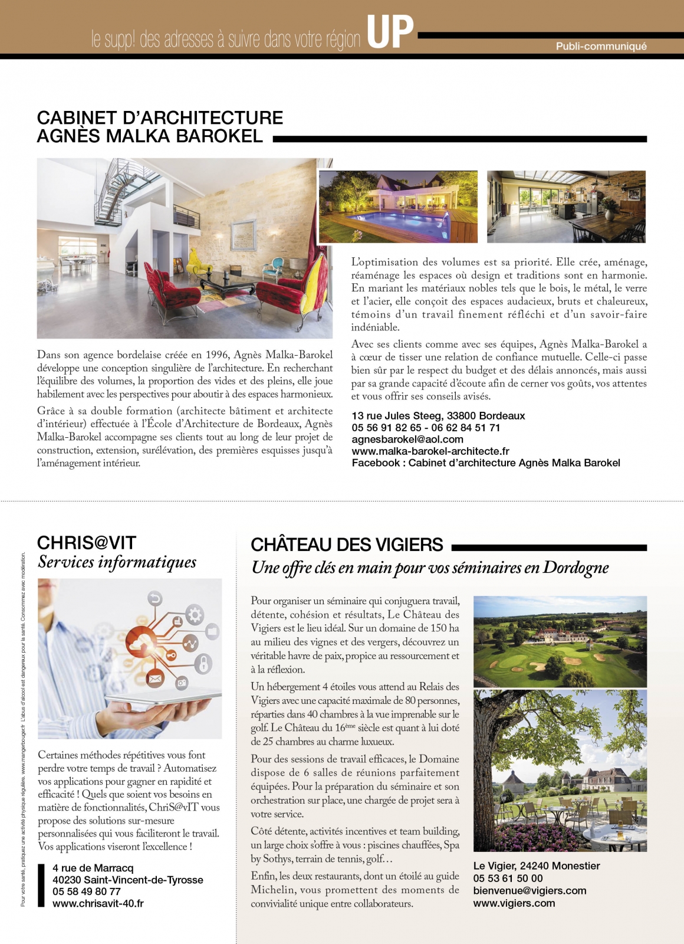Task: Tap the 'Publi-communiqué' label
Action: (601, 47)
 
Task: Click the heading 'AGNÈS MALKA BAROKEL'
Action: (150, 136)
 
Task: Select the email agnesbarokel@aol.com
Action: (407, 440)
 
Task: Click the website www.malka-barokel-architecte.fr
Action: (430, 451)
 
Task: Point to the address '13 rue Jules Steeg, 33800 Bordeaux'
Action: (438, 416)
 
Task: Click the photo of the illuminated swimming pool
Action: (398, 206)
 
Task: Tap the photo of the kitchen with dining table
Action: (566, 206)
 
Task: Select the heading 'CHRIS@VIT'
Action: (87, 543)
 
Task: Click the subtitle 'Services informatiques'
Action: (117, 562)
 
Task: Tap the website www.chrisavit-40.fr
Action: (98, 903)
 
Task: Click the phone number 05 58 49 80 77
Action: (86, 891)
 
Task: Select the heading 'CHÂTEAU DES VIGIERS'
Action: (347, 545)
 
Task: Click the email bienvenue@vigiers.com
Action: (530, 891)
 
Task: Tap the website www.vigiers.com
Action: (514, 903)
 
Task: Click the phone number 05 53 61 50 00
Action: (508, 879)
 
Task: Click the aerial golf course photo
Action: (560, 641)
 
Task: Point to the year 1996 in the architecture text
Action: (217, 355)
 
